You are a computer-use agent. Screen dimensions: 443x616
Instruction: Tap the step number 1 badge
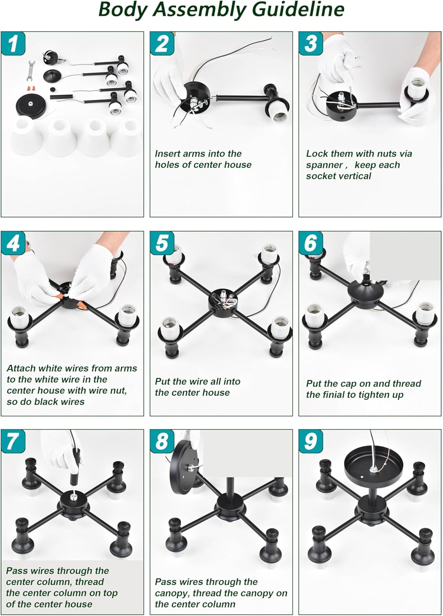tap(13, 44)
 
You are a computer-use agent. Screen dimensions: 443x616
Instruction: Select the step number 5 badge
tap(162, 243)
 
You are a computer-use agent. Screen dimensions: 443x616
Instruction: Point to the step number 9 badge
tap(311, 441)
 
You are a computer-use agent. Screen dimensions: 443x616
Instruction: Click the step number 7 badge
tap(13, 441)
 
